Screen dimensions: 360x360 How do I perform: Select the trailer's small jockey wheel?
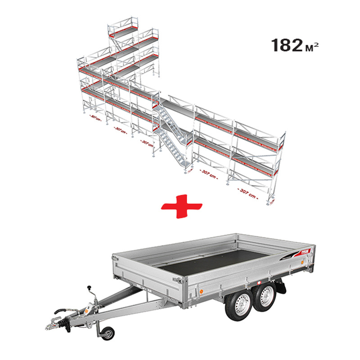108,333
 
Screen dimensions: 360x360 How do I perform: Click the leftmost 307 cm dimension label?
95,118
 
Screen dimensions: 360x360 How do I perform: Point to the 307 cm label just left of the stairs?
147,144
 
